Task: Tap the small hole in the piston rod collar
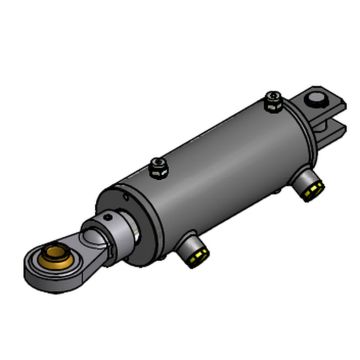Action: pos(108,218)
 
